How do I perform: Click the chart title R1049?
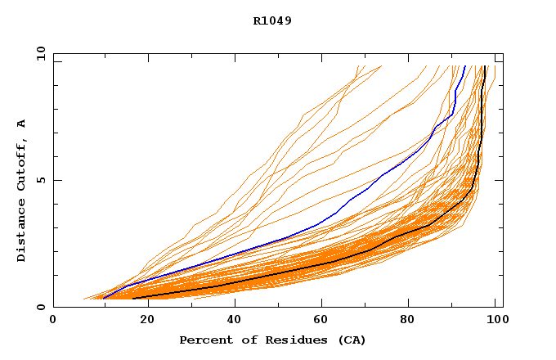(272, 20)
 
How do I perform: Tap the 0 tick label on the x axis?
(53, 322)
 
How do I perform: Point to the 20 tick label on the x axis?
(142, 322)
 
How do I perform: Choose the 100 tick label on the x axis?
(495, 322)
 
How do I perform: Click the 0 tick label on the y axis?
(40, 308)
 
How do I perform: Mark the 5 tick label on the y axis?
(40, 180)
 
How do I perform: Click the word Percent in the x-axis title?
(204, 340)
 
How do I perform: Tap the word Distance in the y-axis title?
(22, 233)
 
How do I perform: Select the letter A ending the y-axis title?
(22, 124)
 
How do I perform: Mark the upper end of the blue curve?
(464, 66)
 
